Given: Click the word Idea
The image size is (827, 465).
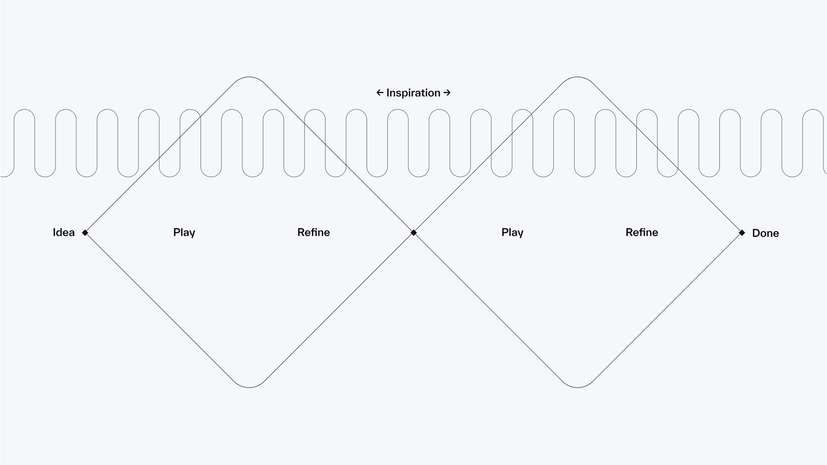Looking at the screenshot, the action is pos(64,232).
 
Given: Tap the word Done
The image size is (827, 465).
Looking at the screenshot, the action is pos(765,233).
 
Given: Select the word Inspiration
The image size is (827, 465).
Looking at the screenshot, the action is pos(413,93).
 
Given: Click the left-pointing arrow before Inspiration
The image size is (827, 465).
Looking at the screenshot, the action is pos(380,93).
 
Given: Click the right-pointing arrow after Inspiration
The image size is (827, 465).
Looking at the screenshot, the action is pos(447,93).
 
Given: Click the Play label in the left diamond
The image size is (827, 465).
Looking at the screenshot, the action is pos(184,232).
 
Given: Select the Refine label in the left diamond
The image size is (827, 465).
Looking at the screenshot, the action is pos(313,232).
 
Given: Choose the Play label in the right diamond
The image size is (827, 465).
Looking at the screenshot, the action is pos(512,232).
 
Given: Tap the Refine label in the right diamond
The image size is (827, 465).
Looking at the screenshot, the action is pos(642,232).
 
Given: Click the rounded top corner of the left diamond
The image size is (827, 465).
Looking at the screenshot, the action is pos(249,77).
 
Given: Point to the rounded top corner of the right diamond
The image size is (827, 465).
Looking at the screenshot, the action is pos(578,77).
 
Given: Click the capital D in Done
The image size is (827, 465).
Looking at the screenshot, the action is pos(756,233).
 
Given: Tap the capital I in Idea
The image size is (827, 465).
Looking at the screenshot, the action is pos(54,232).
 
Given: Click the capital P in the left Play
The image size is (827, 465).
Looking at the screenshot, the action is pos(176,232).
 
